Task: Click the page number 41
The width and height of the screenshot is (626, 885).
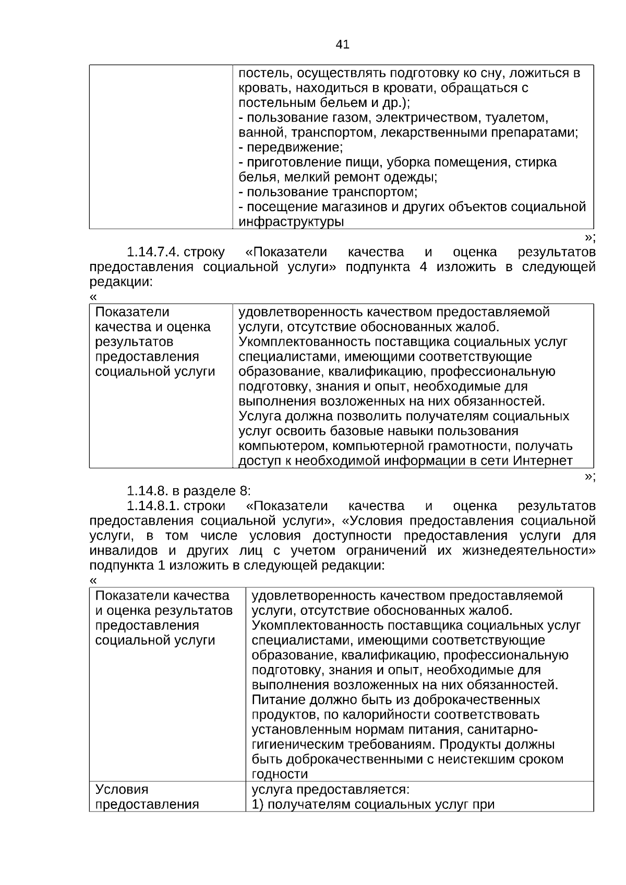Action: [342, 45]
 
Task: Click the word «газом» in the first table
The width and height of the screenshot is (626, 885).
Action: [356, 118]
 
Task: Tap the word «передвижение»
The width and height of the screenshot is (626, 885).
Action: [295, 148]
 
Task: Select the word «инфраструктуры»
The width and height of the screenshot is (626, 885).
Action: [291, 222]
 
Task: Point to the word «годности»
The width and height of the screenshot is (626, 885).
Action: [280, 774]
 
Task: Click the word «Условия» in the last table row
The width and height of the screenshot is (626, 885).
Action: [122, 790]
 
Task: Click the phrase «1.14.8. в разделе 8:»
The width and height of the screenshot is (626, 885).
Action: [189, 491]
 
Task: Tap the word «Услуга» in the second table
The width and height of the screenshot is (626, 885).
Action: [261, 417]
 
